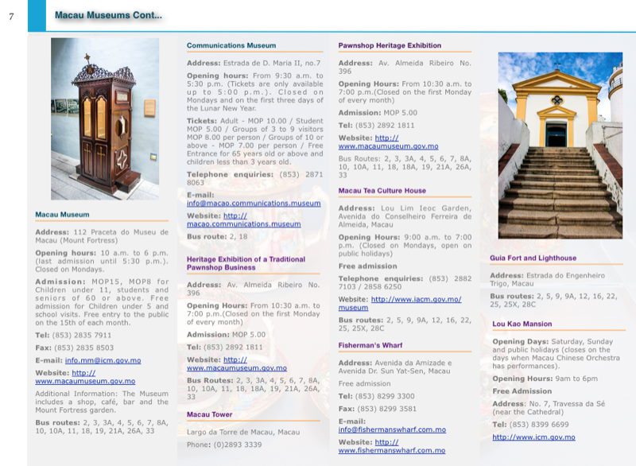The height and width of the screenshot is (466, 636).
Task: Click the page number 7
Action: click(11, 16)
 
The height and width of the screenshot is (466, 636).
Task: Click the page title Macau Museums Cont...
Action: click(108, 15)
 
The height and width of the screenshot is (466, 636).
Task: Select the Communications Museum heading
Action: click(231, 45)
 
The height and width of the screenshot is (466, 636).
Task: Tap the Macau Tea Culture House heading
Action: click(382, 191)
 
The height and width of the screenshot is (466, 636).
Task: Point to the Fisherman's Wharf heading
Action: click(370, 345)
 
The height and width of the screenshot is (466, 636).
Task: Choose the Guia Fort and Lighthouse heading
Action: click(533, 258)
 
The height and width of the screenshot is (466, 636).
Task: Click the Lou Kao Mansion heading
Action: click(522, 324)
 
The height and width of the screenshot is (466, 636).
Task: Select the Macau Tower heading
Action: click(209, 414)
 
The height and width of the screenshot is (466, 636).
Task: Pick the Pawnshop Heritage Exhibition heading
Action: click(390, 45)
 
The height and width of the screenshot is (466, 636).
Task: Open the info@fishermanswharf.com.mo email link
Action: click(392, 429)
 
